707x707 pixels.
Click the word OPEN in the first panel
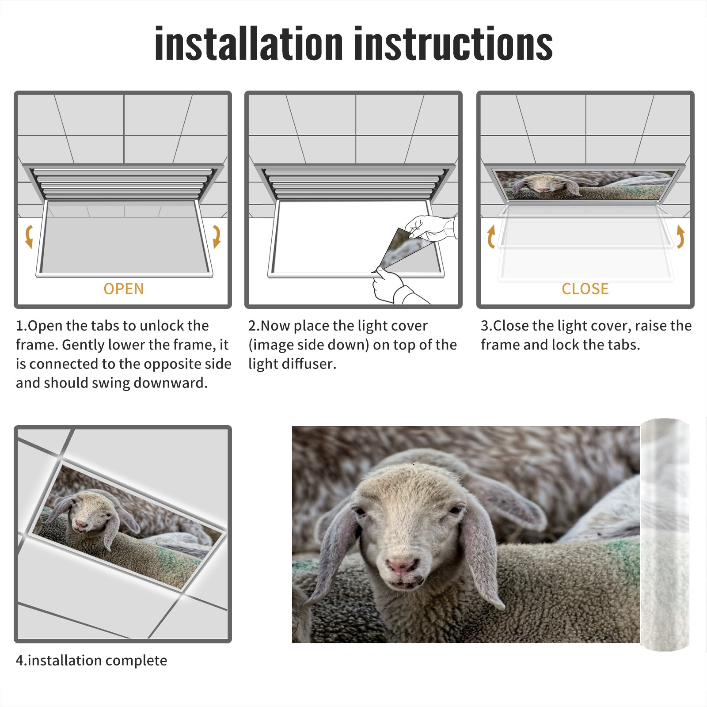(x=124, y=289)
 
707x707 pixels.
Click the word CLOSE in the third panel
(x=585, y=289)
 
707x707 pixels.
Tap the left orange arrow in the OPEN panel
(x=29, y=236)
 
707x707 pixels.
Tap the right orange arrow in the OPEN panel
(x=217, y=236)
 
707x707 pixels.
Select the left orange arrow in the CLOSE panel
(x=491, y=236)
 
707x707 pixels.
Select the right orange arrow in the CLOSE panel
(x=680, y=236)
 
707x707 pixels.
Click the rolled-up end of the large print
(x=665, y=534)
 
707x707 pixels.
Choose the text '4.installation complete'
(x=91, y=660)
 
